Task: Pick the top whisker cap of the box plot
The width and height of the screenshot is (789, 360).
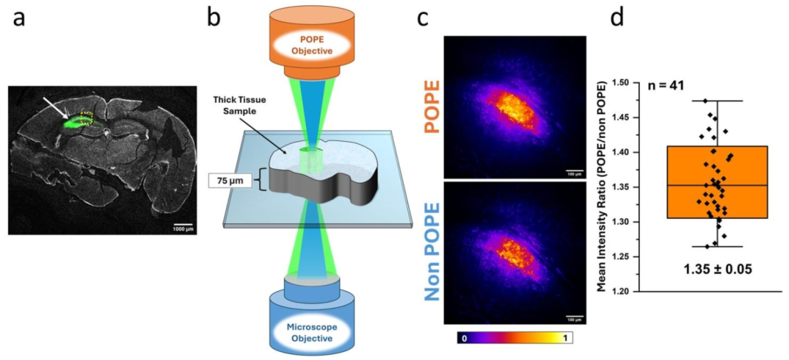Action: [x=717, y=101]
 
